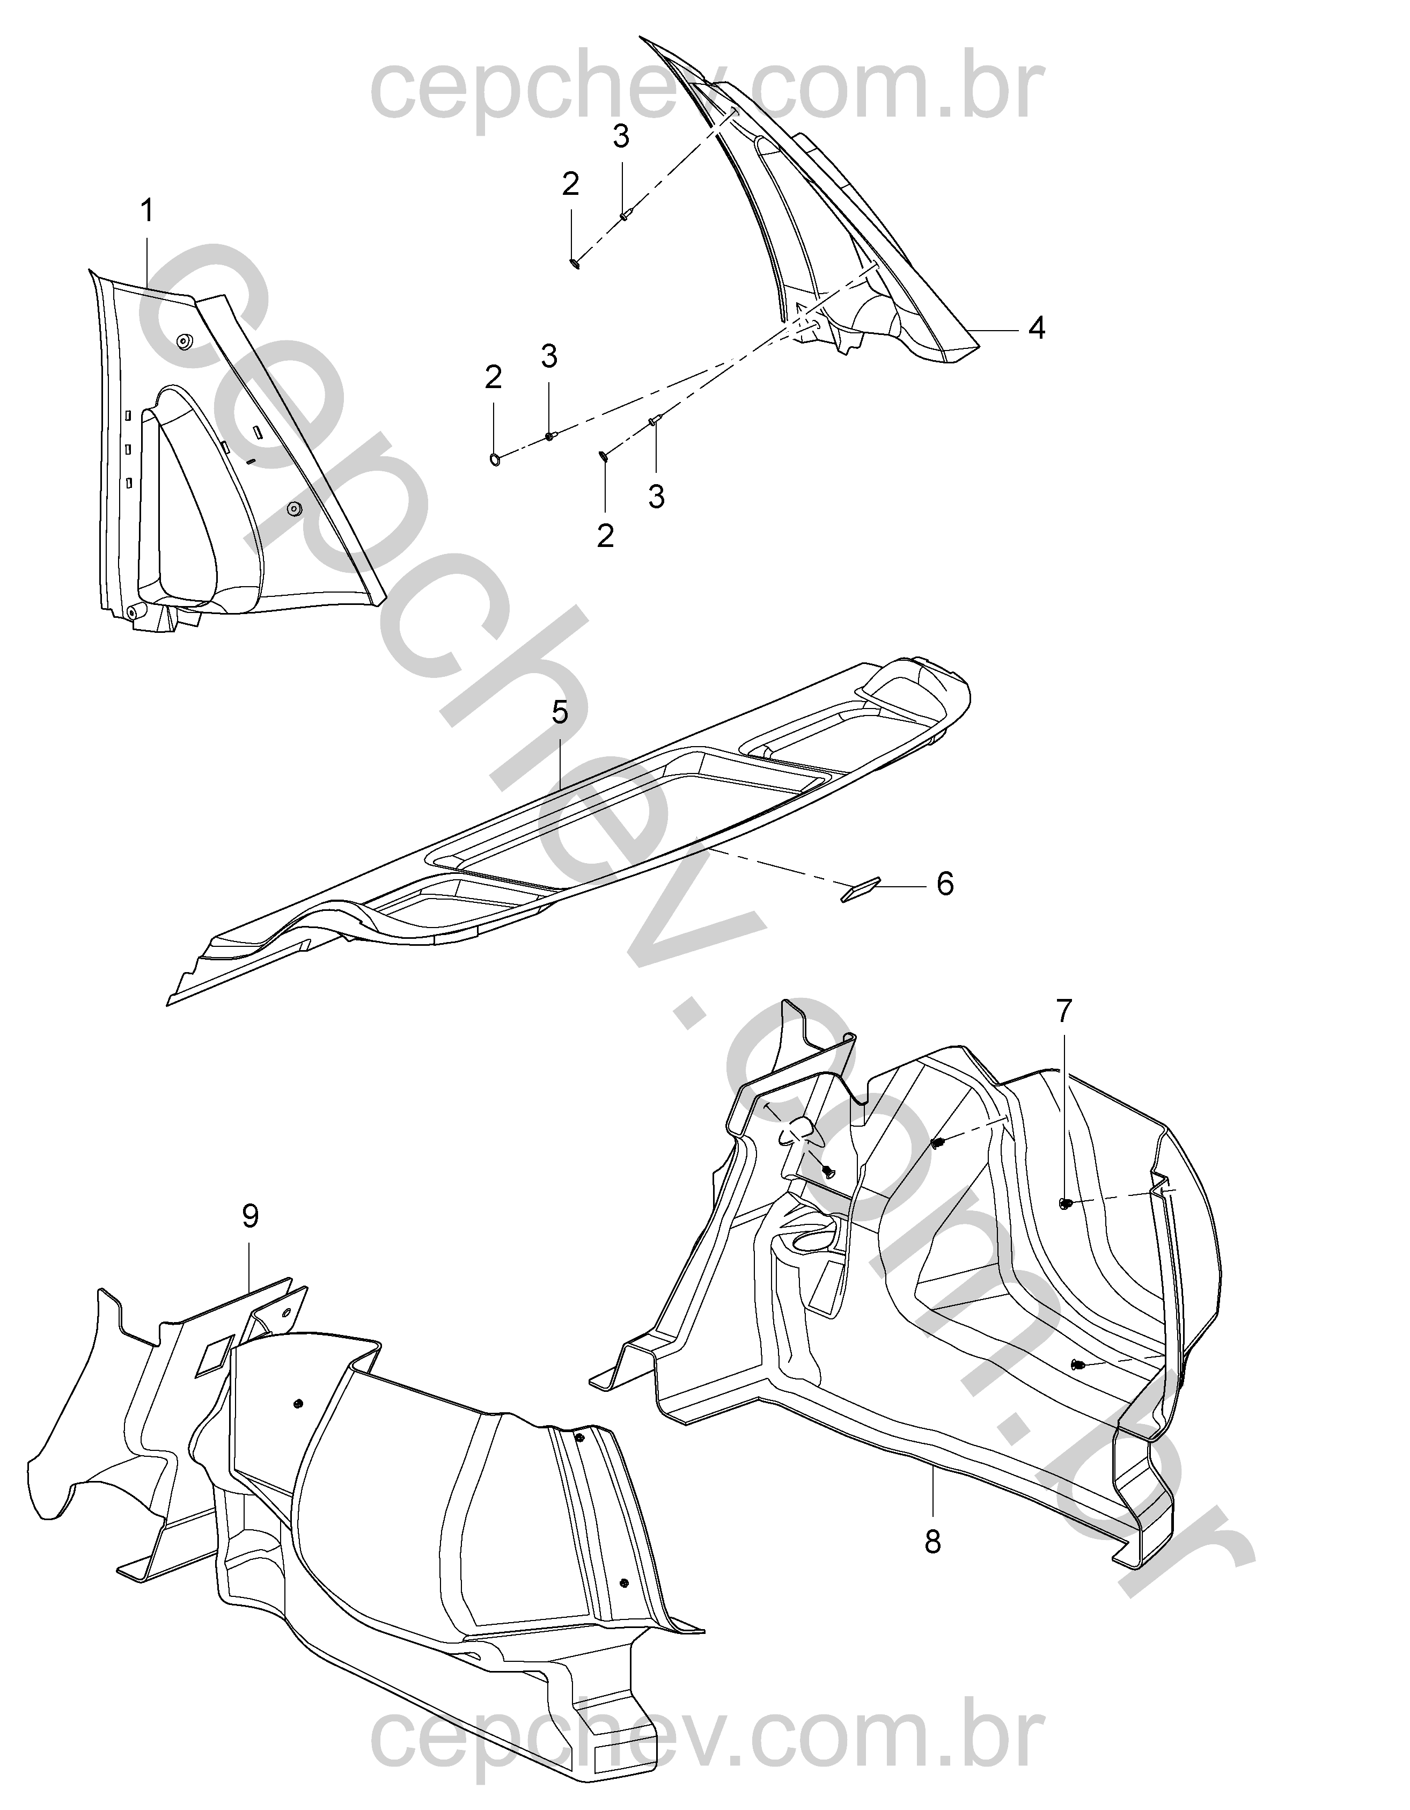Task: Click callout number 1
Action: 146,212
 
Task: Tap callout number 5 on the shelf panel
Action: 560,711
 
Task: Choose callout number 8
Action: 933,1542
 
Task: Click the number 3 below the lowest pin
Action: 656,497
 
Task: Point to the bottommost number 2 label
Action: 606,535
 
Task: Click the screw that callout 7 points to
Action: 1066,1202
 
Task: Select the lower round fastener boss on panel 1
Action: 294,508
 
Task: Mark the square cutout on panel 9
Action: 214,1355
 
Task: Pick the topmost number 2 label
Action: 570,184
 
